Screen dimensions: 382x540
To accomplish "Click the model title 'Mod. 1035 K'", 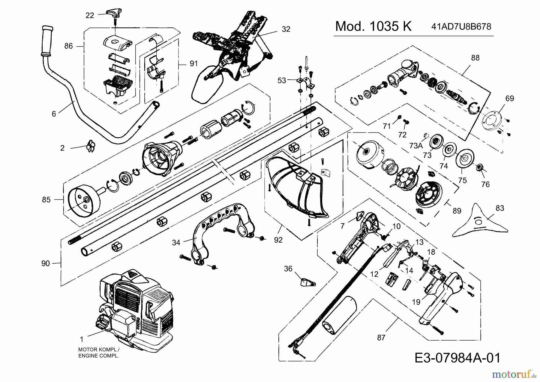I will coord(373,27).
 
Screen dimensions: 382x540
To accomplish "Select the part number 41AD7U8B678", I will coord(461,27).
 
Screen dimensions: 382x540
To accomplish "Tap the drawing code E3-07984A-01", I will coord(457,358).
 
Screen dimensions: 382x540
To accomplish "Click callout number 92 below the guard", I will coord(278,240).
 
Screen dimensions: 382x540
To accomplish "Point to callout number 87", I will coord(381,338).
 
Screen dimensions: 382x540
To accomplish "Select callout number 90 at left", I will coord(46,263).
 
